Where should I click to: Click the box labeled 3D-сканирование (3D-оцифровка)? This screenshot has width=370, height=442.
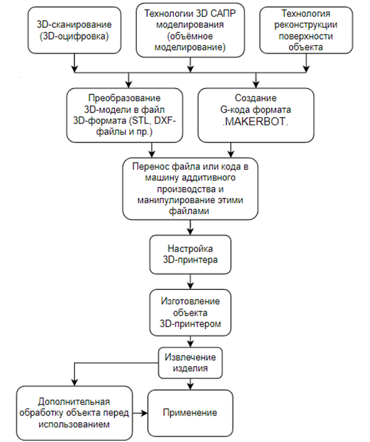tap(74, 30)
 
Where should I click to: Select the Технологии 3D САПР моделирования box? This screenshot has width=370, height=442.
tap(190, 30)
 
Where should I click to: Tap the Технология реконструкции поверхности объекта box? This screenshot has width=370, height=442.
tap(306, 30)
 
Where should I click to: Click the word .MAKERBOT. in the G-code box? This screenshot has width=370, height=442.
tap(255, 122)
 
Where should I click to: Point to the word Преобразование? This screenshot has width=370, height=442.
tap(124, 98)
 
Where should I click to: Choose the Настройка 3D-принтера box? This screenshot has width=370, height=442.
tap(190, 254)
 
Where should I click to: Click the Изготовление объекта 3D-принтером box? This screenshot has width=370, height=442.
tap(190, 312)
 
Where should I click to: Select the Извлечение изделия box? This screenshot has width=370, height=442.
tap(190, 363)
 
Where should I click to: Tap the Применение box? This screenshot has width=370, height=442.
tap(190, 413)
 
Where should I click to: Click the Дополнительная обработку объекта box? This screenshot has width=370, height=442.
tap(74, 413)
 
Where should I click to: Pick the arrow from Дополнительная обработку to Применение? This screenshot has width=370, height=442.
tap(140, 413)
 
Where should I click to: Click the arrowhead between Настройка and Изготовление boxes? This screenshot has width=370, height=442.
tap(190, 286)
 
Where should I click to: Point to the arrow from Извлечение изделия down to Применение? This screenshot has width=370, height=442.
tap(190, 384)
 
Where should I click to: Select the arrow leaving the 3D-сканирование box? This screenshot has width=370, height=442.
tap(74, 63)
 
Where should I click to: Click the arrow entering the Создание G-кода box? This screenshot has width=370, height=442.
tap(255, 80)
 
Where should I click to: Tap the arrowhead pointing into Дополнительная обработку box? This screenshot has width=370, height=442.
tap(74, 383)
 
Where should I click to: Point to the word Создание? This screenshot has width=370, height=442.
tap(255, 98)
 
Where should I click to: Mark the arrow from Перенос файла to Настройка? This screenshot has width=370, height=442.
tap(190, 228)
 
